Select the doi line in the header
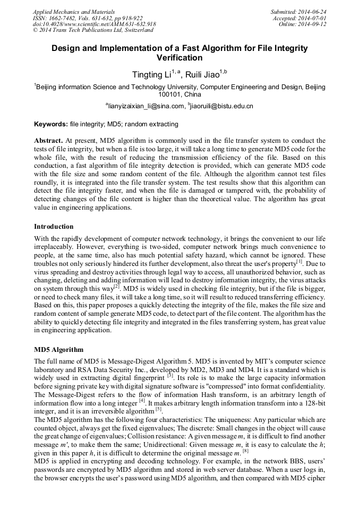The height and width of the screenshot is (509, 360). (x=94, y=24)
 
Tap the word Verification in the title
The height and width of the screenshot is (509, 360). (x=180, y=57)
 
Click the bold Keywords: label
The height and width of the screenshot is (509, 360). (x=51, y=124)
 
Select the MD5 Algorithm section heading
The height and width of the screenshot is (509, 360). (x=58, y=350)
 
